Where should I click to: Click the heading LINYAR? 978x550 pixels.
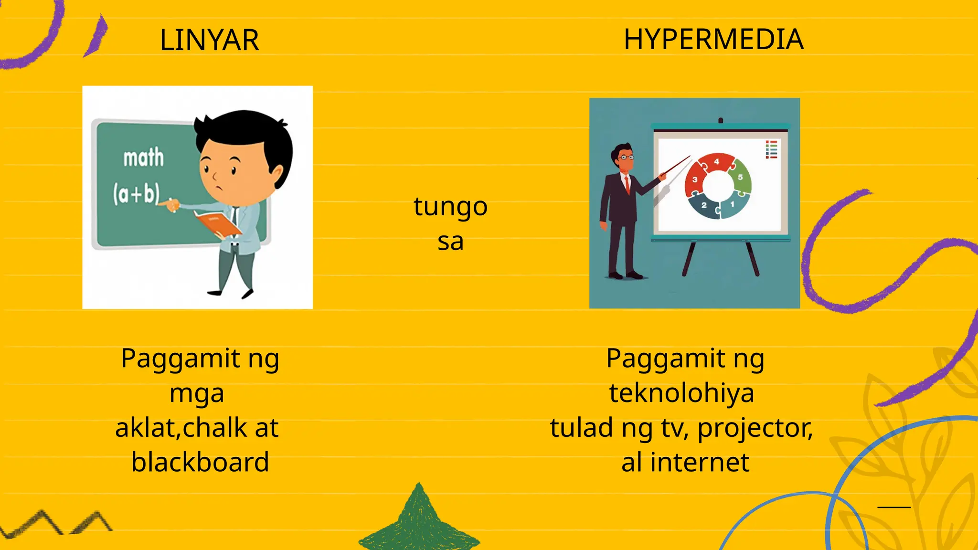(209, 40)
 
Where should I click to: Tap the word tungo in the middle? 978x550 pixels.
(450, 207)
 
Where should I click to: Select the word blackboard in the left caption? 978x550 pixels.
(200, 462)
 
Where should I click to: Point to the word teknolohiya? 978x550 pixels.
(681, 393)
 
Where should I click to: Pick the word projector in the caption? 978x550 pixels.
(755, 428)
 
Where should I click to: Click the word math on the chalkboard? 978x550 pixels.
(143, 157)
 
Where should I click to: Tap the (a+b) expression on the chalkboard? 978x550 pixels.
(136, 193)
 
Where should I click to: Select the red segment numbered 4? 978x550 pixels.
(716, 163)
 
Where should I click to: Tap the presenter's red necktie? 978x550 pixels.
(627, 184)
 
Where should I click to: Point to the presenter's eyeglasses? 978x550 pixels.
(626, 157)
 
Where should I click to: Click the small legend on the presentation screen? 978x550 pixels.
(771, 149)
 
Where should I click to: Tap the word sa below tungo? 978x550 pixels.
(450, 242)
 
